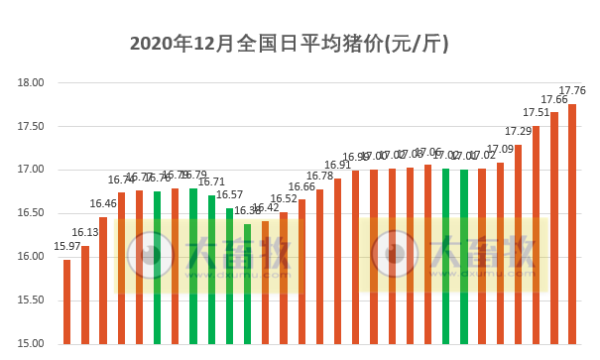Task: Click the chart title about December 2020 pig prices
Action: click(x=290, y=44)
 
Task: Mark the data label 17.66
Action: click(x=554, y=99)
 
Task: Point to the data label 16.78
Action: click(x=319, y=177)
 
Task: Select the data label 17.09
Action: click(x=500, y=149)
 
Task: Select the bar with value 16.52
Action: click(x=284, y=278)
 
